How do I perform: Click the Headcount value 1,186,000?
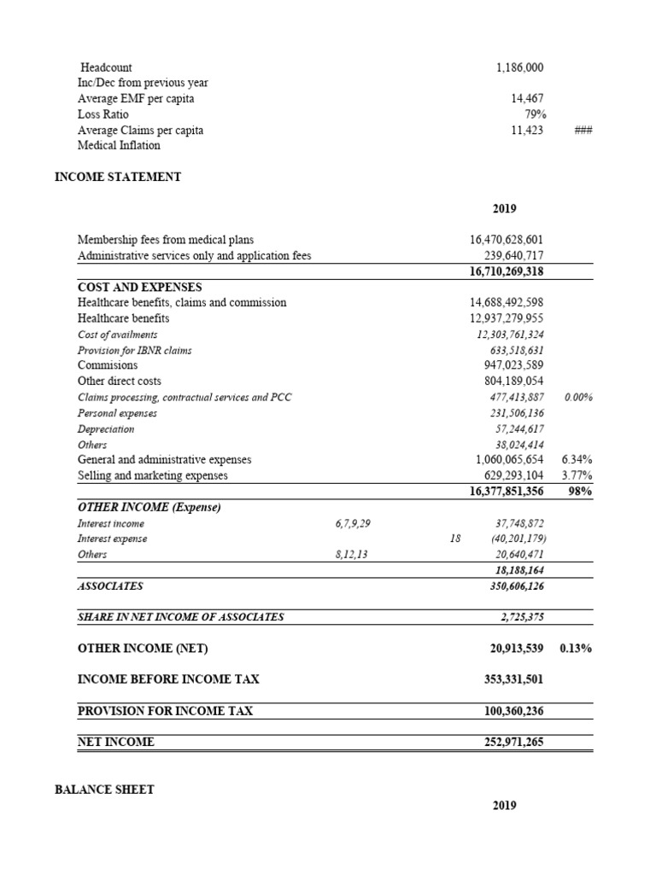[519, 67]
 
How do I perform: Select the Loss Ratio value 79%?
[536, 114]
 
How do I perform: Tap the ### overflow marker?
[584, 131]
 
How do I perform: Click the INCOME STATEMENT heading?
[118, 177]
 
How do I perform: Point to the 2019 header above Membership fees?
[504, 208]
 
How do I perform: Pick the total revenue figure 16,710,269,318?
[507, 271]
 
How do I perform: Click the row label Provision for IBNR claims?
[135, 350]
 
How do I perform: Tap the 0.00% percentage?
[578, 397]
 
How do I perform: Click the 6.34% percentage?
[578, 459]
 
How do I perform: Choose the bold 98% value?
[581, 492]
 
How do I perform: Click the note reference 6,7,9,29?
[353, 523]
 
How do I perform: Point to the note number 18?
[454, 539]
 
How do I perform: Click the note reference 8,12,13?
[351, 555]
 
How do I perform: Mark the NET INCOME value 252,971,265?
[513, 742]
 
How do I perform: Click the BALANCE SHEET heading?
[104, 790]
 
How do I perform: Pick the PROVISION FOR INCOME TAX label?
[165, 710]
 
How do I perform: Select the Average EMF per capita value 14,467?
[527, 99]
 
